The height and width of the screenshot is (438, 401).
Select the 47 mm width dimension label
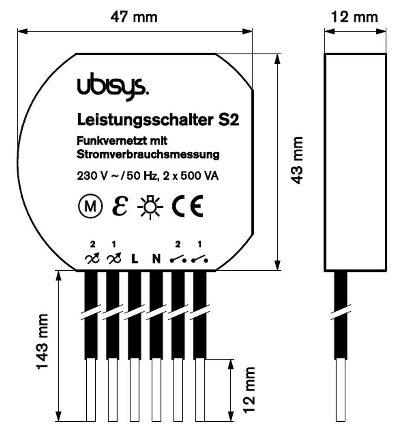[x=134, y=17]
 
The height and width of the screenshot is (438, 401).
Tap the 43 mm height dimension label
[x=297, y=160]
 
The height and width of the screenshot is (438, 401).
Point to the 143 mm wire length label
[x=43, y=341]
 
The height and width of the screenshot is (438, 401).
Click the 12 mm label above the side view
[x=354, y=17]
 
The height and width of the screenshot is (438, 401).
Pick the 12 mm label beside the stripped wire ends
[x=249, y=390]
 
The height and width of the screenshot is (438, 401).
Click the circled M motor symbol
[x=90, y=206]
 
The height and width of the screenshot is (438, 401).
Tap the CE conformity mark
[x=187, y=206]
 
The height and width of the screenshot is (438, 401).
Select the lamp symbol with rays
[x=150, y=207]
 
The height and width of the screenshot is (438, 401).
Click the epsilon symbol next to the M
[x=120, y=206]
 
